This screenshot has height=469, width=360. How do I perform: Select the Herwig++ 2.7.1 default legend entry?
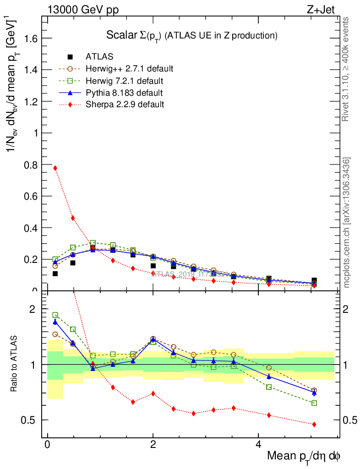pos(129,69)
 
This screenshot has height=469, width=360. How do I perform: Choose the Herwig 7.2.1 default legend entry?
pos(124,81)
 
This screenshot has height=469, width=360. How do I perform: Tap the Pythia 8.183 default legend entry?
pos(124,93)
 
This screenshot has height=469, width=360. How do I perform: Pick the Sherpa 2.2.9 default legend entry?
pos(125,104)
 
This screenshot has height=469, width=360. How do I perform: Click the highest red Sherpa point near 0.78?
pos(55,168)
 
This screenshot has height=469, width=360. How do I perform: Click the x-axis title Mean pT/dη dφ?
pos(304,457)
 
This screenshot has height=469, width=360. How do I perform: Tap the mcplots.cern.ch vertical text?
pos(347,223)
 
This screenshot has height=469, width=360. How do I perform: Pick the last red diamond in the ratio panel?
pos(314,425)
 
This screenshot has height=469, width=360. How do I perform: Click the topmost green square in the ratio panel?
pos(55,315)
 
